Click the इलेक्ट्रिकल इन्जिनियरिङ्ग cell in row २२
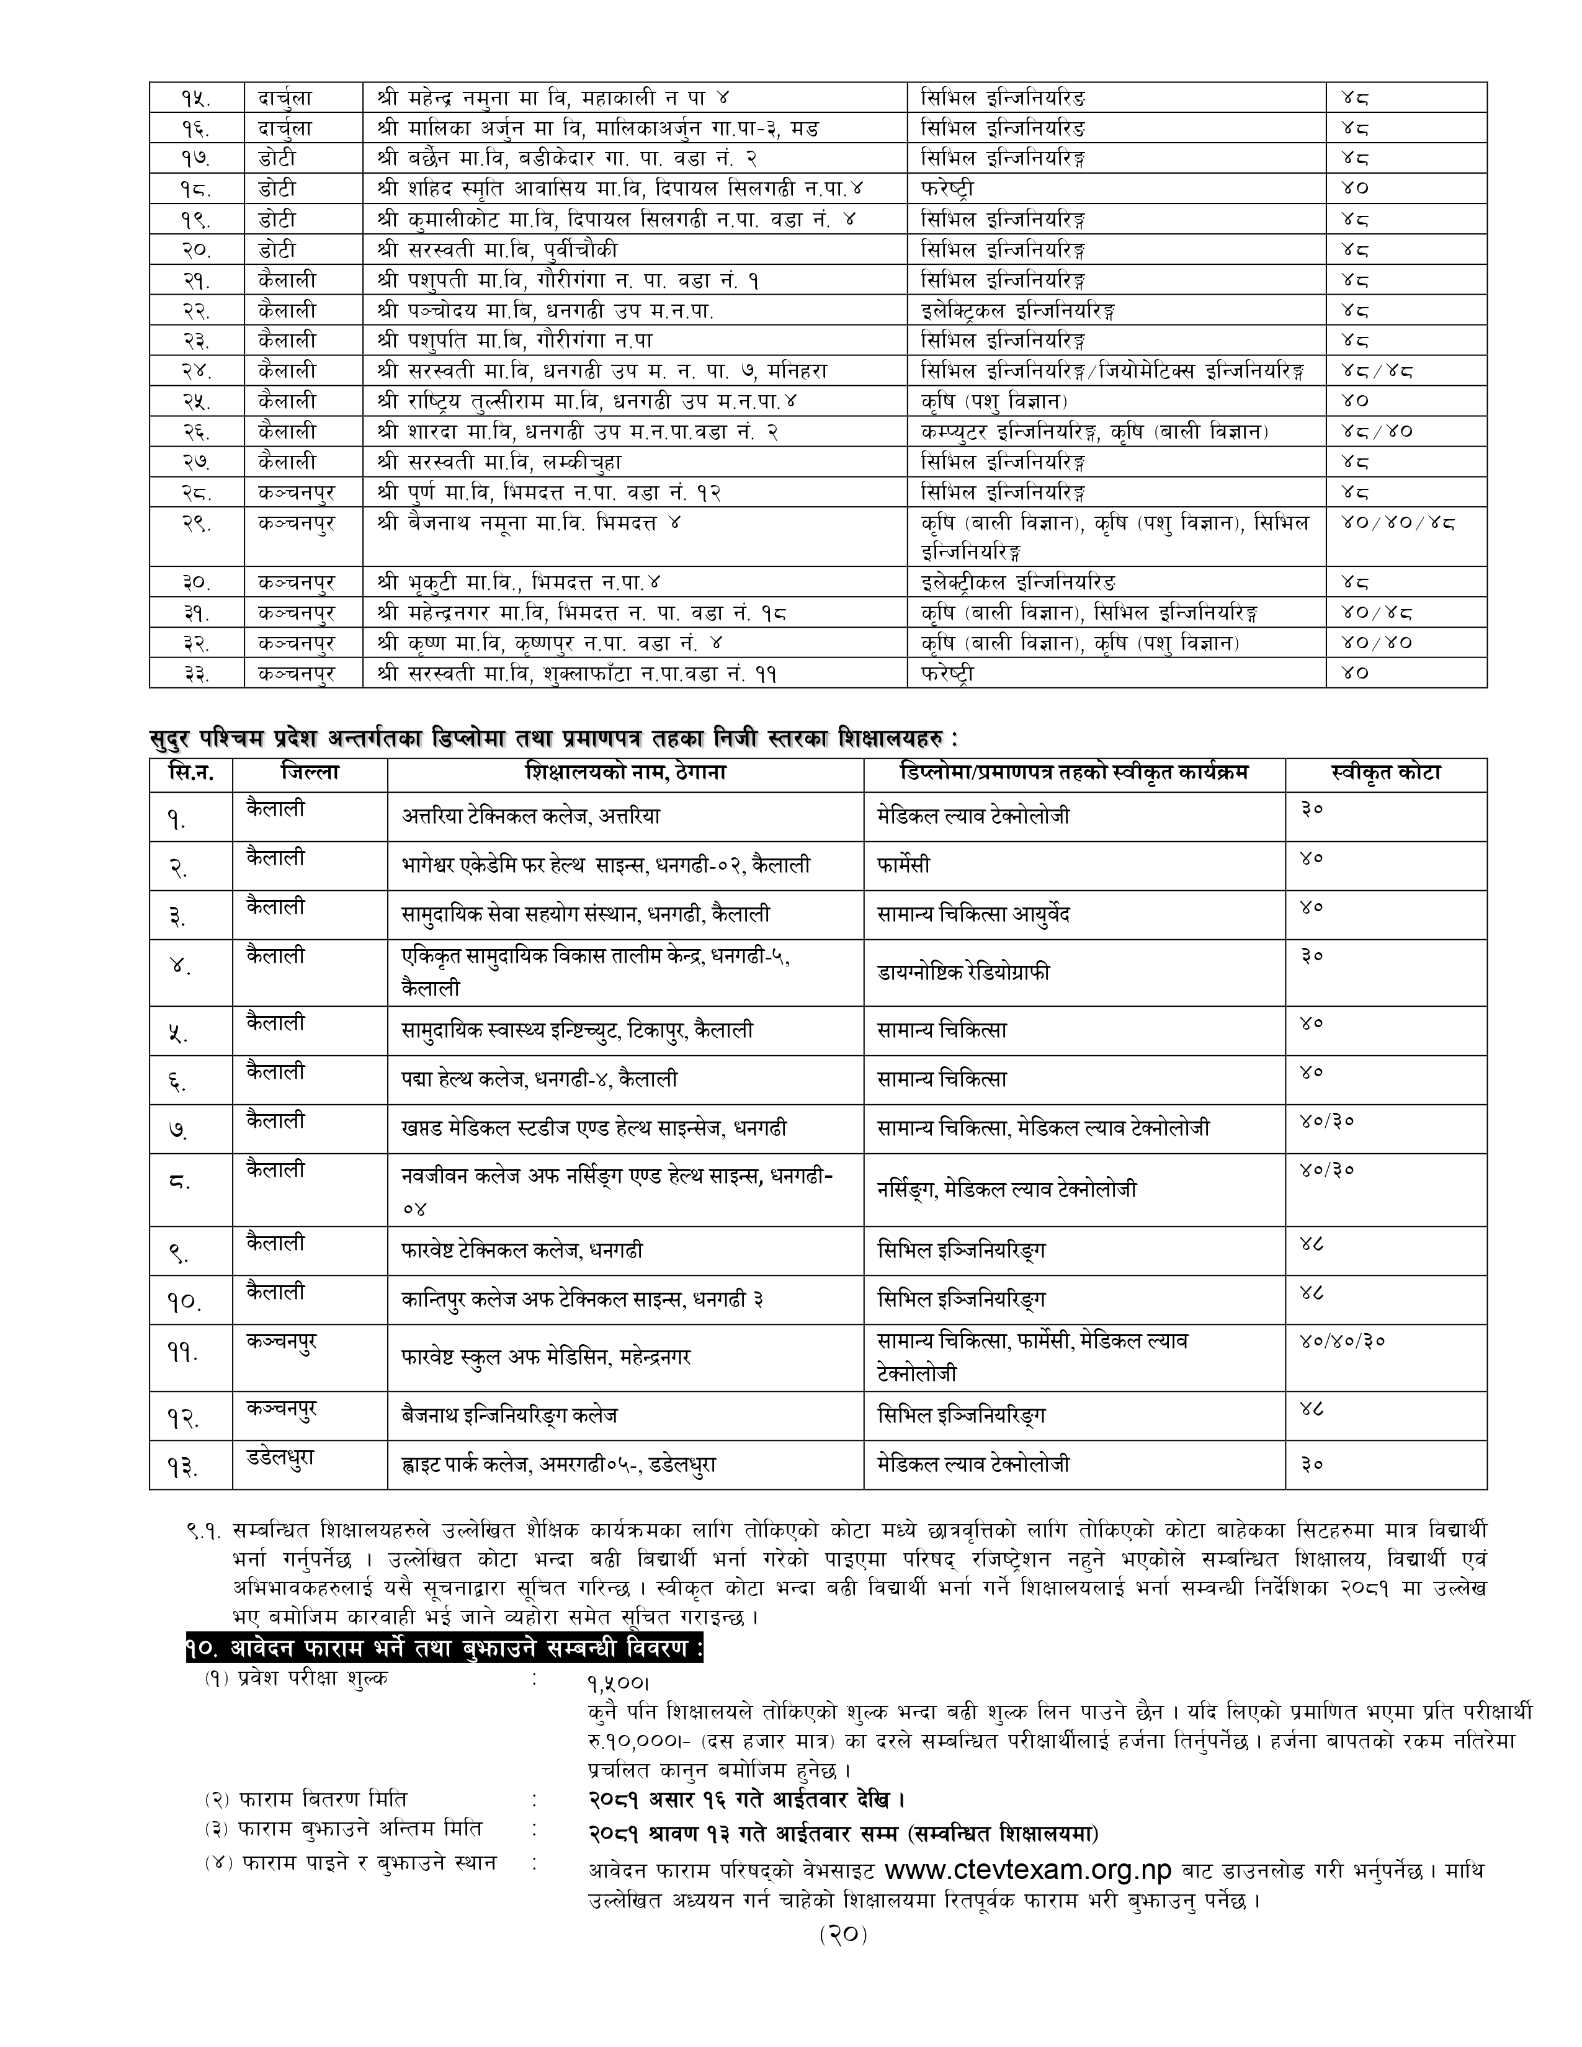click(x=1018, y=310)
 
